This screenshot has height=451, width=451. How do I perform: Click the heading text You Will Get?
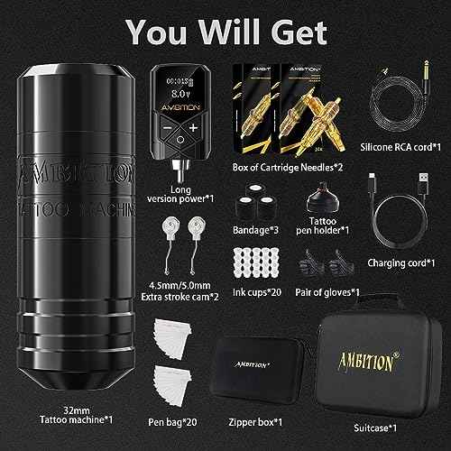(x=225, y=32)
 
